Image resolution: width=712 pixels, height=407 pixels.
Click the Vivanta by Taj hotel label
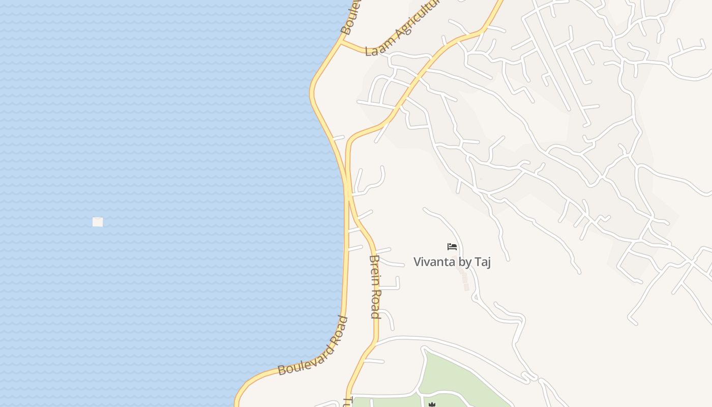[x=452, y=262]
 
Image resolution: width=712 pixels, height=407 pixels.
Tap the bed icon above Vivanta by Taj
[x=452, y=247]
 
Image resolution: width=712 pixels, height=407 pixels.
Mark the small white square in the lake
[x=98, y=222]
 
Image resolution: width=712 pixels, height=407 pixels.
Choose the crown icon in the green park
[x=432, y=404]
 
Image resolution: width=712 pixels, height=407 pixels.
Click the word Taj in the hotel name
[x=483, y=262]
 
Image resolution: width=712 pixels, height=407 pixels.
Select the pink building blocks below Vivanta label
[x=464, y=280]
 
